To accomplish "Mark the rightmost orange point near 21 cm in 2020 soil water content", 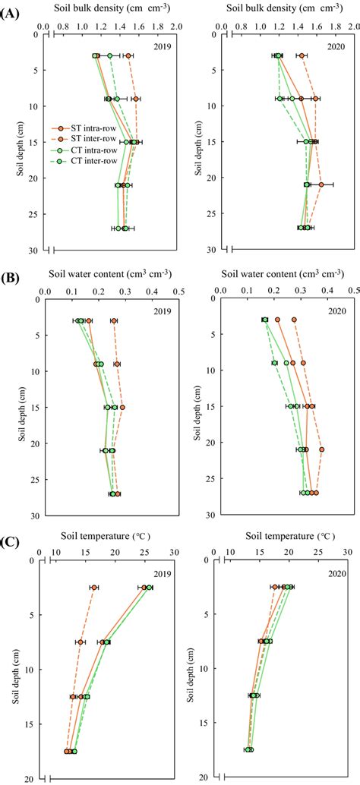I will tap(322, 450).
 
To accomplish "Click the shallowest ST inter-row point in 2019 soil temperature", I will tap(93, 588).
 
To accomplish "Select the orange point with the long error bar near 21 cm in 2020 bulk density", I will tap(321, 184).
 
